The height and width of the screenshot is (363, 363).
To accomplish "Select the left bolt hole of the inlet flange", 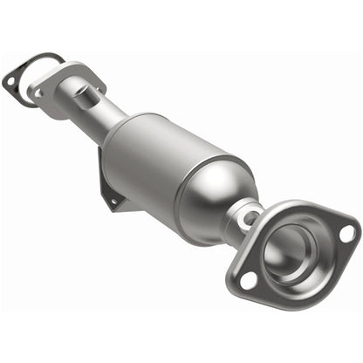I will tap(39, 88).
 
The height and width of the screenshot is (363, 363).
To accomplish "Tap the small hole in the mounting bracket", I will tap(112, 201).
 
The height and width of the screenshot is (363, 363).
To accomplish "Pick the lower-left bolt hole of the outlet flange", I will tap(250, 280).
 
